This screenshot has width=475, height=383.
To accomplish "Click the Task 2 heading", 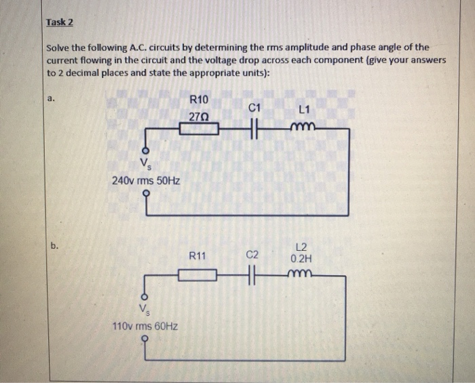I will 59,22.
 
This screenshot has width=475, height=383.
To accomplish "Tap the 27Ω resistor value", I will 199,117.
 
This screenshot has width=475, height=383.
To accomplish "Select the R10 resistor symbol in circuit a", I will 199,129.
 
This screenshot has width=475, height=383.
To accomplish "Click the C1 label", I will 254,107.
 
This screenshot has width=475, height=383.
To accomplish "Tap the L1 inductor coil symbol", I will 303,127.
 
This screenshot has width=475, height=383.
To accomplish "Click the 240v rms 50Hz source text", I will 145,181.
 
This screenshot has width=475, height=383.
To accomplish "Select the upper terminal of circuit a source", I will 144,150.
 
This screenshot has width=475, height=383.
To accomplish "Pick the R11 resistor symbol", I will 197,275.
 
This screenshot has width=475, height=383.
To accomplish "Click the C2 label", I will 252,255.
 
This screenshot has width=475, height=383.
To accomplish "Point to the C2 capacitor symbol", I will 252,275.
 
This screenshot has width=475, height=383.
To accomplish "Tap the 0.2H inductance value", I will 301,258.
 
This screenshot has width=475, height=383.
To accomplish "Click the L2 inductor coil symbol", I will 301,273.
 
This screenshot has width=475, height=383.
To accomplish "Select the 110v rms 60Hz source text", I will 145,326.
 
